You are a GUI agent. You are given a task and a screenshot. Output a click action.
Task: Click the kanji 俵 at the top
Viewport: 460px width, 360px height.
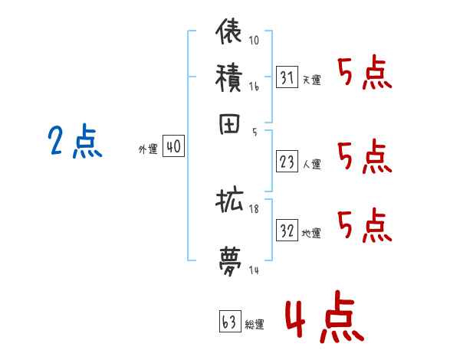pos(229,33)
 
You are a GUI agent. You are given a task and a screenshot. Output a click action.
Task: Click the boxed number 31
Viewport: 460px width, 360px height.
pos(287,77)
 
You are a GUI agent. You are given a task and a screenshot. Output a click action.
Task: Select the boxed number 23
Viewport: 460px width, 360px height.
pos(287,162)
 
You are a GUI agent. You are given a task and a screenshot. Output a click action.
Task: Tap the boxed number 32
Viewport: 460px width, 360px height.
pos(287,231)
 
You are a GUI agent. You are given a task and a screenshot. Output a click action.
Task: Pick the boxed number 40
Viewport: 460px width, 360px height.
pos(173,147)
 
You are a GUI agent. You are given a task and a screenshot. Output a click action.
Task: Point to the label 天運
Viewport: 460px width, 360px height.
pos(310,80)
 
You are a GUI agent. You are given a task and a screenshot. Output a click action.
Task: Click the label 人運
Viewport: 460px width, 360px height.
pos(311,163)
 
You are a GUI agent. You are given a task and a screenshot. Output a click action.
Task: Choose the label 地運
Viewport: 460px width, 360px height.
pos(311,233)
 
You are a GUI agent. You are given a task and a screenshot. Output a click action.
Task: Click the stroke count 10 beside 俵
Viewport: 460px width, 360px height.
pos(254,41)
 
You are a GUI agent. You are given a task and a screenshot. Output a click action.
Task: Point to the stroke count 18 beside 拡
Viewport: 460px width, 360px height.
pos(254,209)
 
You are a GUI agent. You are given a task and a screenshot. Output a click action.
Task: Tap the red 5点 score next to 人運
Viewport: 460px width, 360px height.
pos(364,158)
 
